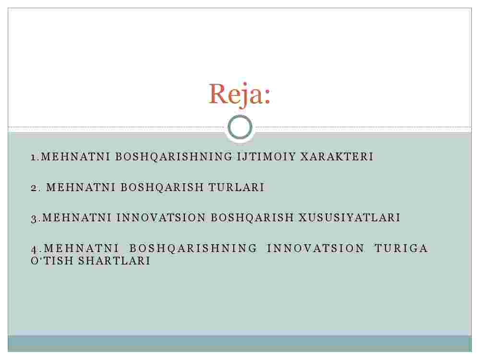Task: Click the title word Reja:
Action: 240,94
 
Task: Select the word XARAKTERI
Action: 336,157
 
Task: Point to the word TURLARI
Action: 236,187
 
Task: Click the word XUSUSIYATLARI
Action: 349,217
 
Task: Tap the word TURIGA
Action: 401,248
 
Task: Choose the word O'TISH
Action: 52,261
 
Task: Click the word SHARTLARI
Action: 114,261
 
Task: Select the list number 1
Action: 34,157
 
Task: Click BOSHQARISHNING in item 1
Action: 174,157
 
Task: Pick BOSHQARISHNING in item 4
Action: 193,248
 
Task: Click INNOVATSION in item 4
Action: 316,248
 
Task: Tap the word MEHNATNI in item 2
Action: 81,187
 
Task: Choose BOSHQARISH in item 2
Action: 162,187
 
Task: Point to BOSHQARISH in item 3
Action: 252,217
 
